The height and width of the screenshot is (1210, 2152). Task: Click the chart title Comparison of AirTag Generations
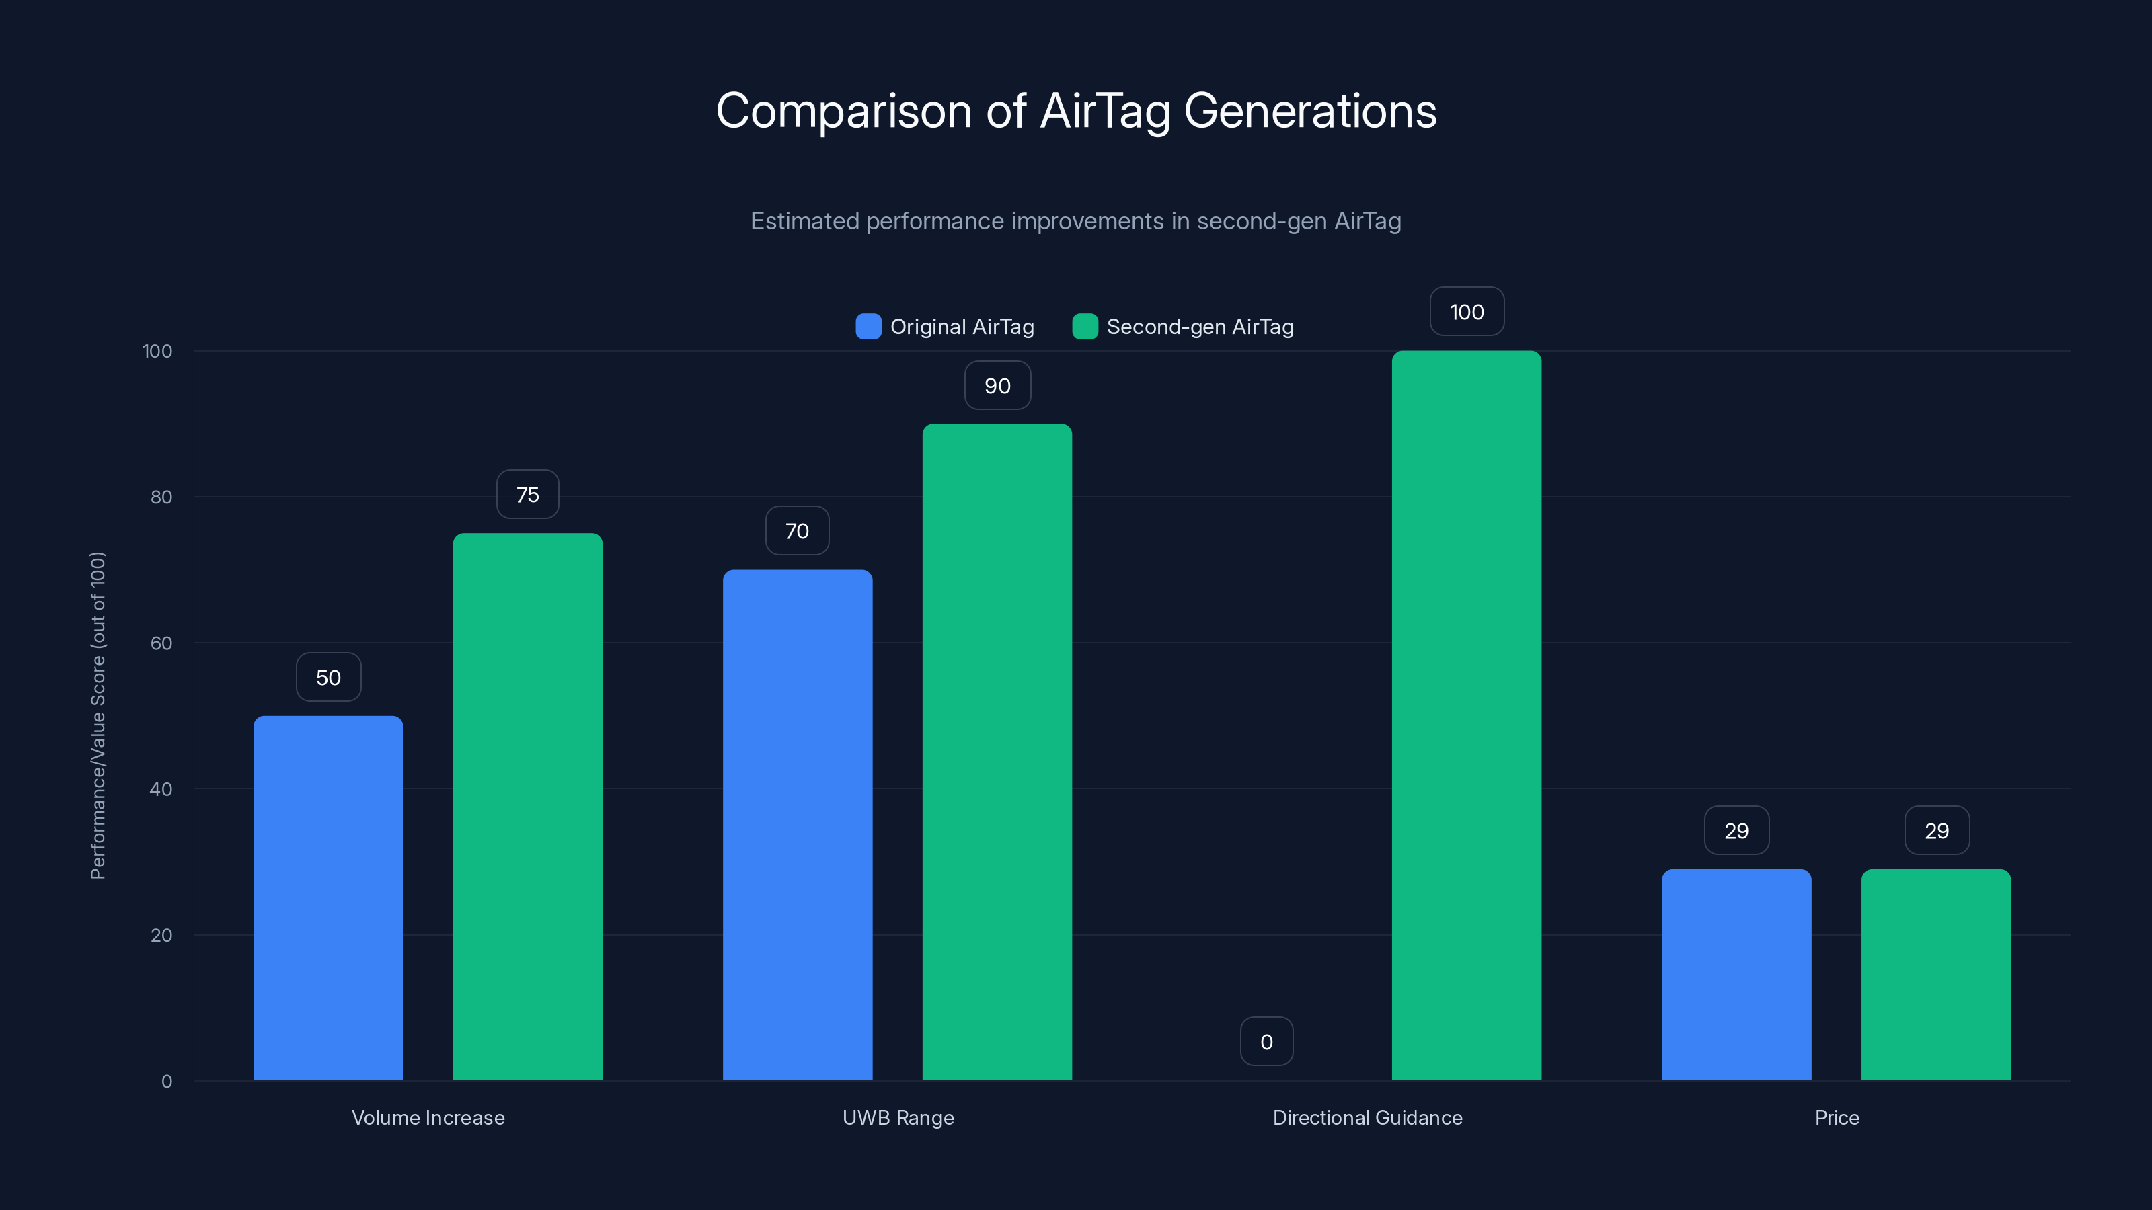pyautogui.click(x=1076, y=111)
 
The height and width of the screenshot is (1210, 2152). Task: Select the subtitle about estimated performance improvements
pyautogui.click(x=1076, y=221)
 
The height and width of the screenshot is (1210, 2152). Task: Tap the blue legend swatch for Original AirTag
pyautogui.click(x=868, y=327)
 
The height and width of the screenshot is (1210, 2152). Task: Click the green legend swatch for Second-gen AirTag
pyautogui.click(x=1084, y=327)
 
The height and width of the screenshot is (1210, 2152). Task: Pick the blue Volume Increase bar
pyautogui.click(x=328, y=897)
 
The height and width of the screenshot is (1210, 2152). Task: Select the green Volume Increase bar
pyautogui.click(x=527, y=807)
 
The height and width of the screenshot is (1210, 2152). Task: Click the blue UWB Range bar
pyautogui.click(x=797, y=825)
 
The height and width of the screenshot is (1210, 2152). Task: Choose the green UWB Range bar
pyautogui.click(x=997, y=752)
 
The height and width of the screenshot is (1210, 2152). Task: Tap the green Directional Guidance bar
pyautogui.click(x=1466, y=716)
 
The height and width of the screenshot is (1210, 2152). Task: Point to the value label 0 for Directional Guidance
pyautogui.click(x=1266, y=1041)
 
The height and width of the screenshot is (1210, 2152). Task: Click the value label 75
pyautogui.click(x=527, y=494)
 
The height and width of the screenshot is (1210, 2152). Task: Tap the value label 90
pyautogui.click(x=997, y=386)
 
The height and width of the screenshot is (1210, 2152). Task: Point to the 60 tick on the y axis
pyautogui.click(x=161, y=643)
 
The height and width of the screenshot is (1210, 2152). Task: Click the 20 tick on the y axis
pyautogui.click(x=161, y=935)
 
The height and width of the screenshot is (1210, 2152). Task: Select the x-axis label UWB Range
pyautogui.click(x=898, y=1117)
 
